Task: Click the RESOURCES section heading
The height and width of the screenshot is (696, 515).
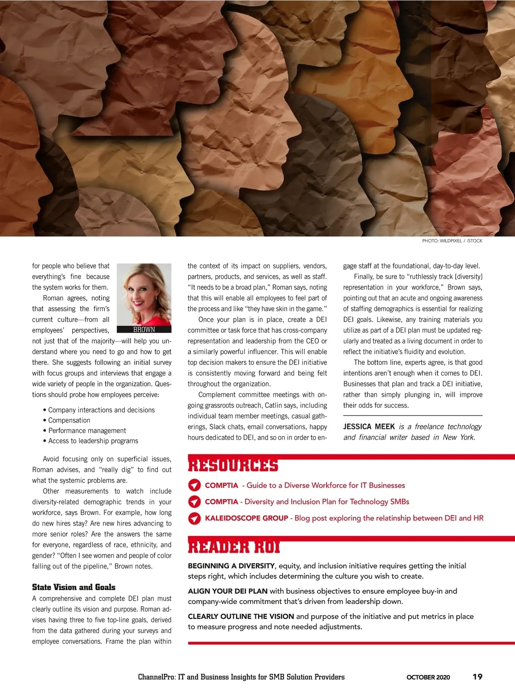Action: coord(233,466)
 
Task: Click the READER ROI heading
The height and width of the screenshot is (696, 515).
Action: coord(234,547)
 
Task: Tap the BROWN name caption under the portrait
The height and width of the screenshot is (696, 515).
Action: coord(144,329)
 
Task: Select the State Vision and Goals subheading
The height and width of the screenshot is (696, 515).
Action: coord(74,587)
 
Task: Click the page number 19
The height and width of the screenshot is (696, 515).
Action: coord(477,677)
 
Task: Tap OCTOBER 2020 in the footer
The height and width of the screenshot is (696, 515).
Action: coord(428,677)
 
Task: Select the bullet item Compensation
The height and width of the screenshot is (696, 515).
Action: coord(69,420)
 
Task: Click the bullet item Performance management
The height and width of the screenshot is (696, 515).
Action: coord(87,431)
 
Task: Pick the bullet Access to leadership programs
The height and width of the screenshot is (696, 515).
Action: coord(93,441)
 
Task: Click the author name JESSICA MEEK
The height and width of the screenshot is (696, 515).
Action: coord(369,426)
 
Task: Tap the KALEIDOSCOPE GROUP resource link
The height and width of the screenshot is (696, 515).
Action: coord(246,518)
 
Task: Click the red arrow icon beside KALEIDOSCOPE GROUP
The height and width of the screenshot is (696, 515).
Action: coord(194,518)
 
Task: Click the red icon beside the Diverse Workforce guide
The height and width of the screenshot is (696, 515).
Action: coord(194,485)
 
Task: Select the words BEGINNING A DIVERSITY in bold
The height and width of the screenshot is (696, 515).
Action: coord(231,566)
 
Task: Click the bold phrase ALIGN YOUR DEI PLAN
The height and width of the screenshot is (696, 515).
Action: coord(227,591)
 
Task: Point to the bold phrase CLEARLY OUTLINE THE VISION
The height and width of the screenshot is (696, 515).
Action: coord(241,617)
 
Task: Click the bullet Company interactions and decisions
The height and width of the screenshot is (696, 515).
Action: coord(101,410)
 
